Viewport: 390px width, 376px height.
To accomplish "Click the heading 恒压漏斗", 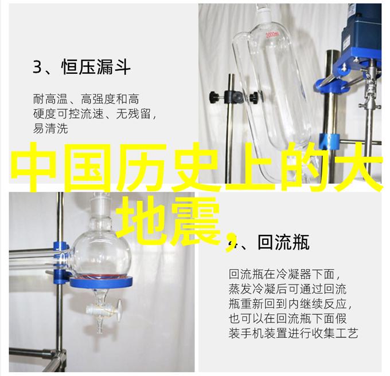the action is point(96,67).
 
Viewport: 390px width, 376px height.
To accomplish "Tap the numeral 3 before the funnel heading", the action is point(37,67).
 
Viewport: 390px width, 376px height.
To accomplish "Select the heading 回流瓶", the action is point(283,242).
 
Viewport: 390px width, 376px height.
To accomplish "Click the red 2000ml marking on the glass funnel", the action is point(272,35).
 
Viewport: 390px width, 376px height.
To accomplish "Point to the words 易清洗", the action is point(50,129).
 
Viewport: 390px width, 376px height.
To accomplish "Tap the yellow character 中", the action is point(35,167).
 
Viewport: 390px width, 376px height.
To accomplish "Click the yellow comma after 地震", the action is point(230,242).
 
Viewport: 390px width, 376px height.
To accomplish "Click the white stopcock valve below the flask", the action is point(104,309).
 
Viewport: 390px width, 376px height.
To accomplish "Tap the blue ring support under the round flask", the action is point(101,282).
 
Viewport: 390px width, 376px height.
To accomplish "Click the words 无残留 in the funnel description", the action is point(134,114).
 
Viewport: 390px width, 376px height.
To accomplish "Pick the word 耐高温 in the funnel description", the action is point(50,99).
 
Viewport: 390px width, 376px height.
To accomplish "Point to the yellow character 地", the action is point(142,220).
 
